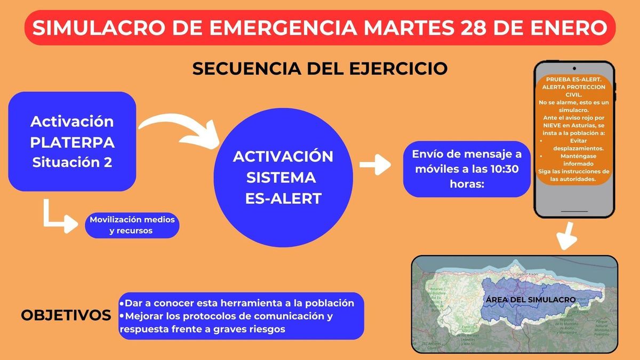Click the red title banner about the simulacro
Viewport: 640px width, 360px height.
tap(320, 27)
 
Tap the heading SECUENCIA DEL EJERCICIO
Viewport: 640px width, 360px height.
tap(319, 69)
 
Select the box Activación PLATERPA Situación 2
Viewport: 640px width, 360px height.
tap(72, 141)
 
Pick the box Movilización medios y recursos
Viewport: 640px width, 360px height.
tap(132, 226)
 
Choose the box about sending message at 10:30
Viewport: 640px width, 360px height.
tap(467, 169)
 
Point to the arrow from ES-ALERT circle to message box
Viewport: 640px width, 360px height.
tap(376, 165)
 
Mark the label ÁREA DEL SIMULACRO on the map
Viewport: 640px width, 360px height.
tap(530, 300)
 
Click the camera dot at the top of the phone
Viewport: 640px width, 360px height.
tap(574, 68)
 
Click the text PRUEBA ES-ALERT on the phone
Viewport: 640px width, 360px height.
tap(573, 78)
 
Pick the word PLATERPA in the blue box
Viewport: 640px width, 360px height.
tap(72, 142)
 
